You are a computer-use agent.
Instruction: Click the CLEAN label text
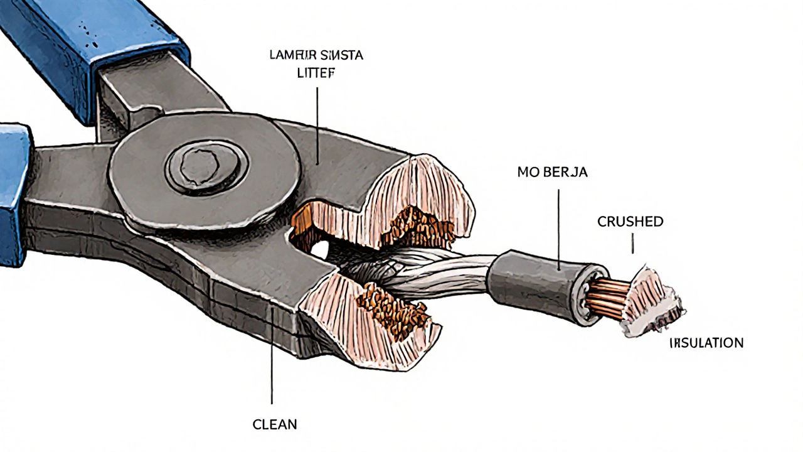274,424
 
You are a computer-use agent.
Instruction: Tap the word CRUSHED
630,222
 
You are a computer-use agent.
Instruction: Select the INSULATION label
706,343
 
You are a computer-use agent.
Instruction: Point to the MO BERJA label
552,172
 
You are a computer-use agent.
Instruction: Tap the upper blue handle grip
94,38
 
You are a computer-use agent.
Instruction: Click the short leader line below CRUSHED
632,244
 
